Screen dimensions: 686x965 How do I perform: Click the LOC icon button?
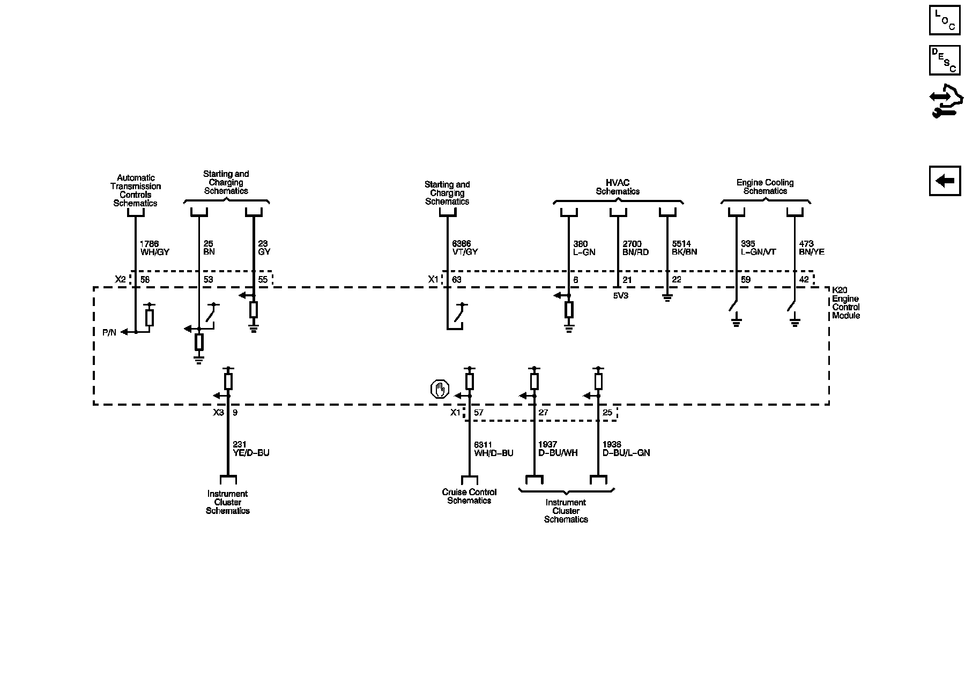(x=945, y=20)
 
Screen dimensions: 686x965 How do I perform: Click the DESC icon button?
(x=945, y=60)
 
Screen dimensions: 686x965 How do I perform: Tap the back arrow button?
(x=945, y=181)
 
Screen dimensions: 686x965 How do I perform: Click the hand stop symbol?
(x=440, y=390)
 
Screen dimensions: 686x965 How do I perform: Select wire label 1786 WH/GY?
(x=154, y=248)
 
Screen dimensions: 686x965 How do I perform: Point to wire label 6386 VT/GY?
(x=465, y=248)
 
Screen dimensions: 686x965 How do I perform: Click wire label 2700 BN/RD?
(x=636, y=248)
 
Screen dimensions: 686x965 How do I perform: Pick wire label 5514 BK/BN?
(x=685, y=248)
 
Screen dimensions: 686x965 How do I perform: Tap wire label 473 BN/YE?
(x=811, y=248)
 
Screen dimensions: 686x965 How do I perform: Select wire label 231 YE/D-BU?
(x=251, y=449)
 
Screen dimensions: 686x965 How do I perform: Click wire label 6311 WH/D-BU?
(x=493, y=449)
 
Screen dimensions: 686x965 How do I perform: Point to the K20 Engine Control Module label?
(x=845, y=303)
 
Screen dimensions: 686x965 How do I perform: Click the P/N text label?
(x=109, y=333)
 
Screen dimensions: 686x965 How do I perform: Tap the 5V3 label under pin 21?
(x=620, y=295)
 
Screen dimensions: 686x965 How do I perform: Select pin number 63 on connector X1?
(x=456, y=280)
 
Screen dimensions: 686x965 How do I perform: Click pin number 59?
(x=745, y=280)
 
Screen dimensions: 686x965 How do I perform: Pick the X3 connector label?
(x=218, y=413)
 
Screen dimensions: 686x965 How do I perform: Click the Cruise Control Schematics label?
(x=469, y=496)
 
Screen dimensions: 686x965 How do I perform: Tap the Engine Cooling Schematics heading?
(x=764, y=187)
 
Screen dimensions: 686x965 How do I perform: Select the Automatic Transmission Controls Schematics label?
(x=136, y=190)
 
